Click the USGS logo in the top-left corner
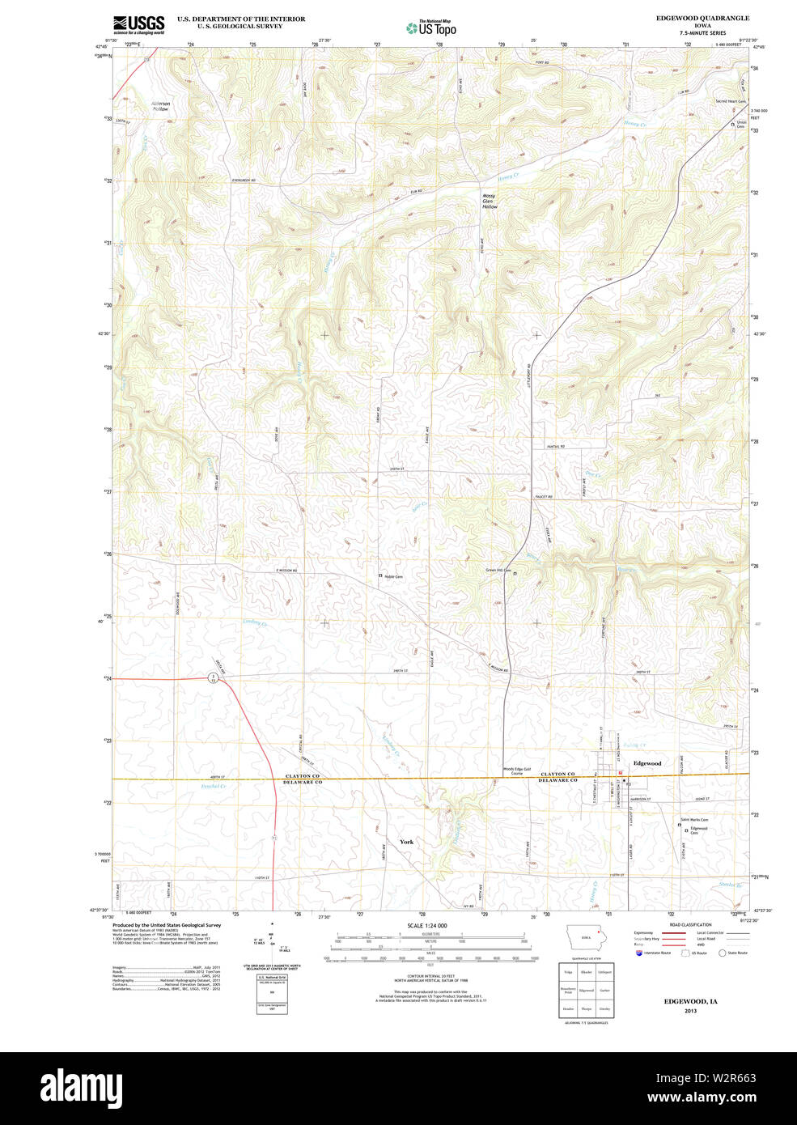[138, 24]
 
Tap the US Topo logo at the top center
[431, 28]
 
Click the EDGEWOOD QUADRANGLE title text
[702, 18]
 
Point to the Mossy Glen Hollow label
[490, 202]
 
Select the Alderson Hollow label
[160, 106]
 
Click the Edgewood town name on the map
[647, 763]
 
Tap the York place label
[406, 842]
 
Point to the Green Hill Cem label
[498, 571]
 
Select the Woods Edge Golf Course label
[517, 771]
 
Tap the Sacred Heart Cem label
[729, 102]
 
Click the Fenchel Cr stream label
[213, 786]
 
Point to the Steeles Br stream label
[730, 885]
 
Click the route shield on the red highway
[213, 677]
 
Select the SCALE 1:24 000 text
[426, 926]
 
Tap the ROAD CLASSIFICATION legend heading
[690, 925]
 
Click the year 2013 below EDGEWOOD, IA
[690, 1011]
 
